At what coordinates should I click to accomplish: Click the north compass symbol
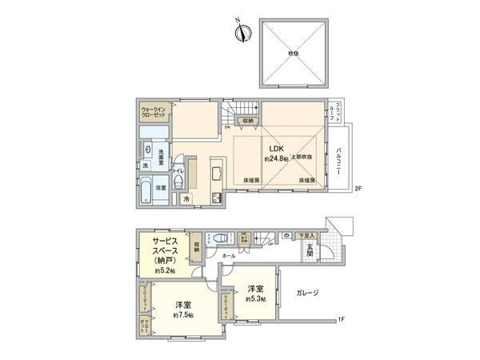pyautogui.click(x=240, y=32)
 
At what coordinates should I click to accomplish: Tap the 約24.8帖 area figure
pyautogui.click(x=277, y=158)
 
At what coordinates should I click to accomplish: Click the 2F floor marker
pyautogui.click(x=359, y=189)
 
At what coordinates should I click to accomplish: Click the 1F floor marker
pyautogui.click(x=340, y=321)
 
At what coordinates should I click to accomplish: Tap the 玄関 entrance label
pyautogui.click(x=309, y=250)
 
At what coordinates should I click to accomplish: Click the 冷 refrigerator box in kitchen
pyautogui.click(x=186, y=198)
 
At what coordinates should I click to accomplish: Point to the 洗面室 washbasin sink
pyautogui.click(x=149, y=150)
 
